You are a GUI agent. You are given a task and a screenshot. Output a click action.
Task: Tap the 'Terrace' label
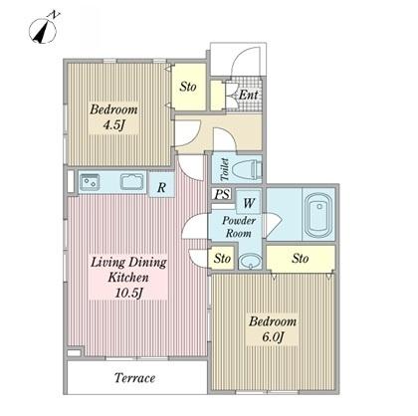point(135,378)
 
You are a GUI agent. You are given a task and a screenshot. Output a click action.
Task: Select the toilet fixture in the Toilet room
point(247,168)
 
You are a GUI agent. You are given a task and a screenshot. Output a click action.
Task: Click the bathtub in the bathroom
point(318,216)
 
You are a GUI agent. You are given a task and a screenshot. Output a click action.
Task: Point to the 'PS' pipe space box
point(222,194)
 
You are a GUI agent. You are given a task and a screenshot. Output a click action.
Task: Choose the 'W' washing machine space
point(248,202)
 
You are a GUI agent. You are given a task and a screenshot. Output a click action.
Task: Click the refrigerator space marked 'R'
point(161,186)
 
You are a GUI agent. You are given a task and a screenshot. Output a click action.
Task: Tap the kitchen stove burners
point(90,182)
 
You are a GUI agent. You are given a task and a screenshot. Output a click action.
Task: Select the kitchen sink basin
point(131,182)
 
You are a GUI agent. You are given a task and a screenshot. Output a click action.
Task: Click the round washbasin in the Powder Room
point(250,261)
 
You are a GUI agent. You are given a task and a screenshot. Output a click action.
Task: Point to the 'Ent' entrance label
point(249,96)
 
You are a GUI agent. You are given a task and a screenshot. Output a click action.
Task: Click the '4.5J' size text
point(114,125)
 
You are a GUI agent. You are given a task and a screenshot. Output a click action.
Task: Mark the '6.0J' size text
point(273,337)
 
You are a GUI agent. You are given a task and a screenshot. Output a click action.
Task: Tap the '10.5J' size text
point(129,293)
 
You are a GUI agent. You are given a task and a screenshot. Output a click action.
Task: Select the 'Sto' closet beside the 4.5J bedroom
point(188,87)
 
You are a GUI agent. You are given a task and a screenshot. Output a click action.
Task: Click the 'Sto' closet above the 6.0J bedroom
point(301,258)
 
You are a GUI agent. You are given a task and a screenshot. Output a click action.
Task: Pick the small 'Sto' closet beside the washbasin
point(222,258)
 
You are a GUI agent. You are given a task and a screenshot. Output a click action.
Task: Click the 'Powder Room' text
point(239,227)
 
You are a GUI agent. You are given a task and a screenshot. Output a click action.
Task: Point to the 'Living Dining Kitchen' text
point(128,270)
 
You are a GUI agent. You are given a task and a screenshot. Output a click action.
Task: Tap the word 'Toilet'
point(225,169)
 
